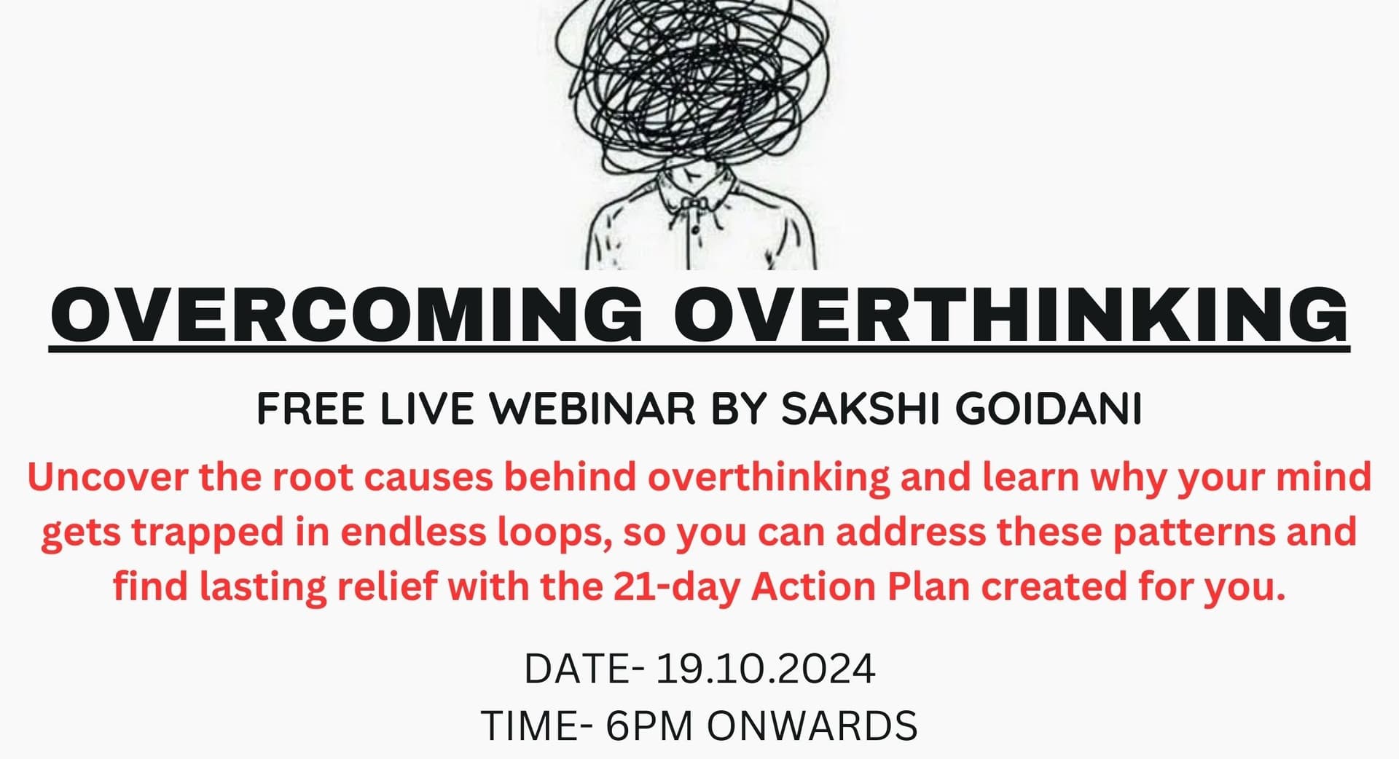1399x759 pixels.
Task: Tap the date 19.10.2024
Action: click(x=765, y=669)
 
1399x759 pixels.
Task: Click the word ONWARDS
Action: click(x=812, y=725)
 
